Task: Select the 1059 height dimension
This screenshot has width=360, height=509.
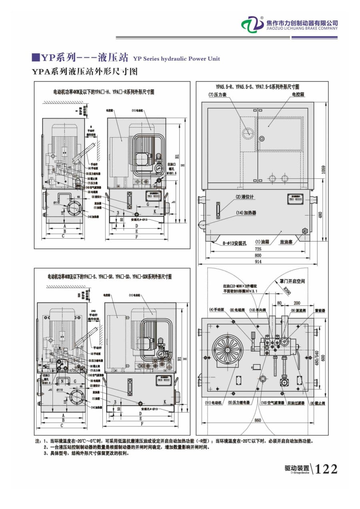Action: (x=323, y=170)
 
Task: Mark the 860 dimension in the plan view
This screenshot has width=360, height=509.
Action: (x=258, y=420)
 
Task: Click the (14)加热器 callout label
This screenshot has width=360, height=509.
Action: (x=246, y=213)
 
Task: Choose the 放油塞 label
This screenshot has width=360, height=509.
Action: (x=288, y=242)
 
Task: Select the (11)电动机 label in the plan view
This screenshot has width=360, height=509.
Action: (x=213, y=403)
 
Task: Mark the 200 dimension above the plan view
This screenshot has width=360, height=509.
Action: (x=296, y=303)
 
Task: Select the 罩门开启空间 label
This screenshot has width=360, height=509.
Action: (x=292, y=281)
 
